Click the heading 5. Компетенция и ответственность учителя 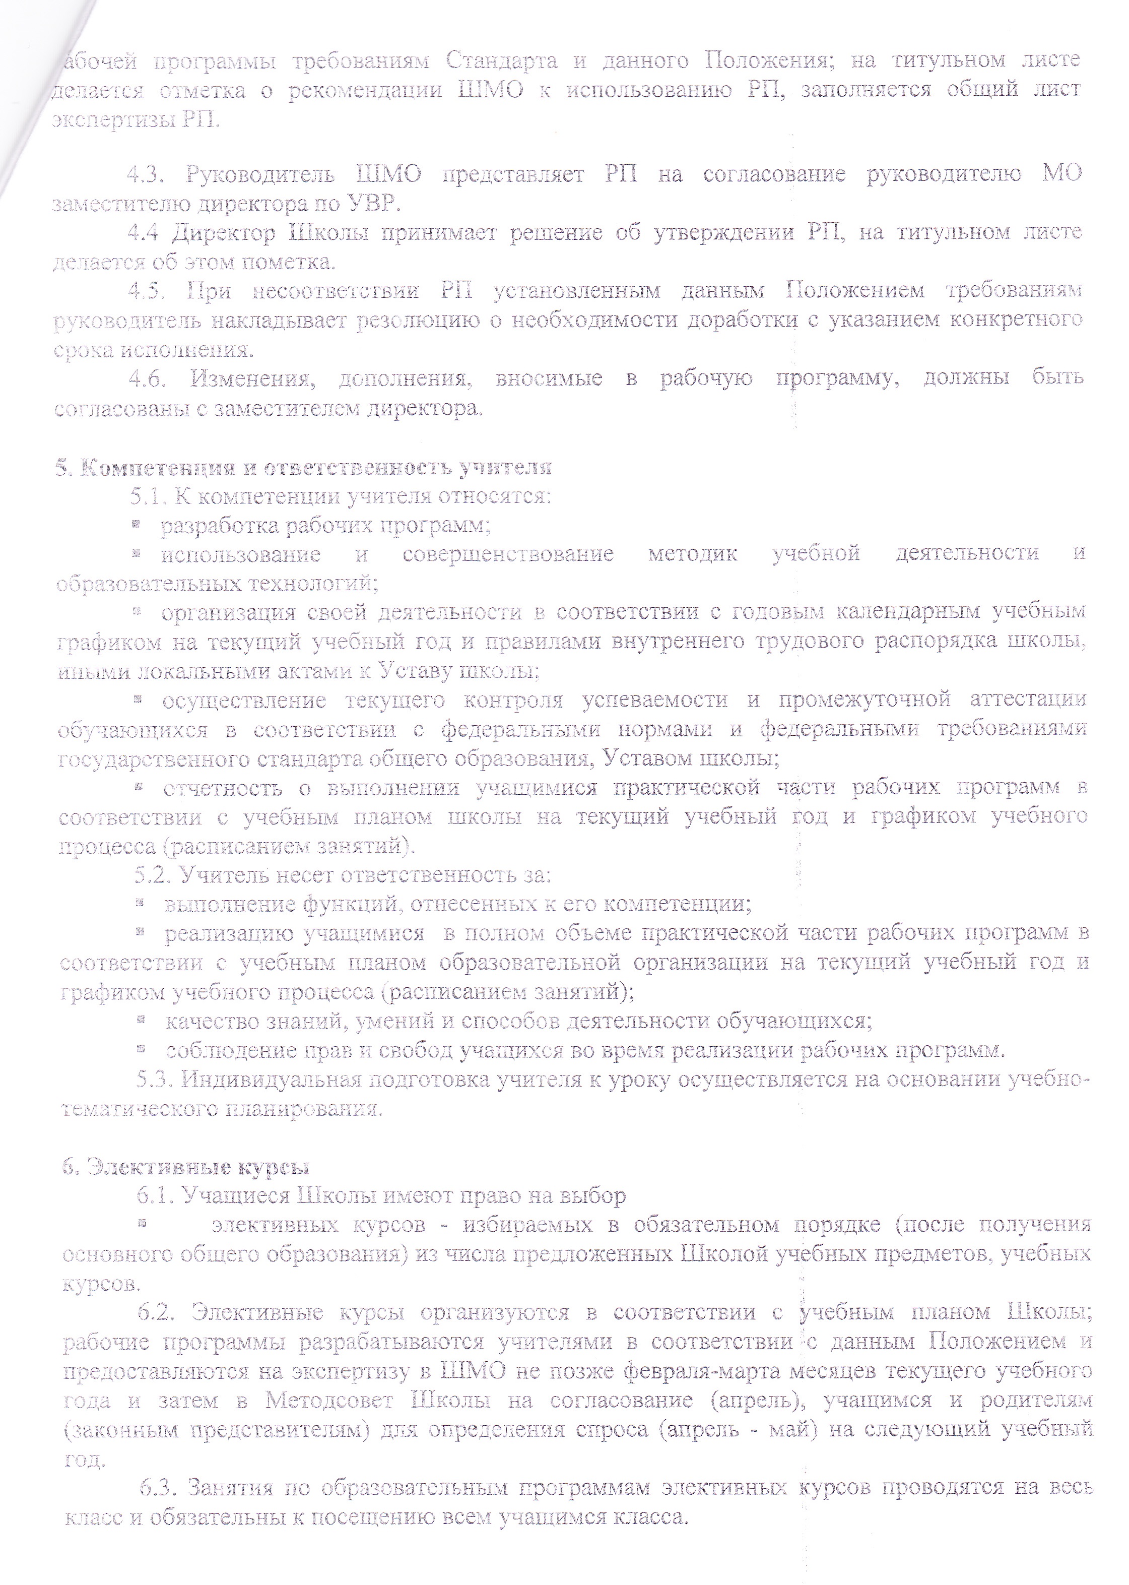[304, 467]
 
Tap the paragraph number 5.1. [148, 496]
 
